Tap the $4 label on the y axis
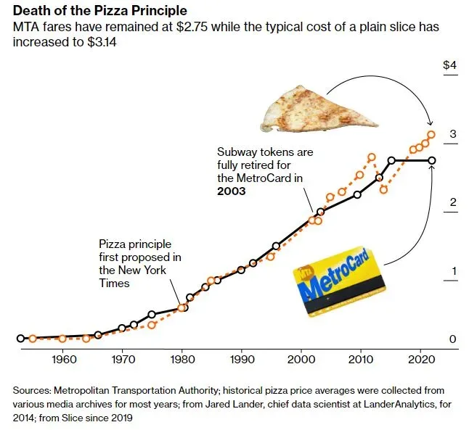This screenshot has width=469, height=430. click(x=449, y=65)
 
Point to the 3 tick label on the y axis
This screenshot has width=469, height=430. click(x=452, y=134)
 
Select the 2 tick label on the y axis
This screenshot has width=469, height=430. click(x=452, y=202)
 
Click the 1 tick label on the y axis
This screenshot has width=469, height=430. click(x=452, y=271)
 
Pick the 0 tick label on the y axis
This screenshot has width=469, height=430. click(x=452, y=339)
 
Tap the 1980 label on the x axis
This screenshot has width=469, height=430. click(x=182, y=360)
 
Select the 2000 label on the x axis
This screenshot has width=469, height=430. click(x=301, y=360)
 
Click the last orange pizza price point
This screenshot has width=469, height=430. click(x=431, y=134)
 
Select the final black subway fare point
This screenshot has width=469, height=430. click(x=432, y=160)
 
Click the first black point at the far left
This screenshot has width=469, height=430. click(x=21, y=338)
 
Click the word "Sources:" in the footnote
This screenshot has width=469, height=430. click(x=33, y=391)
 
